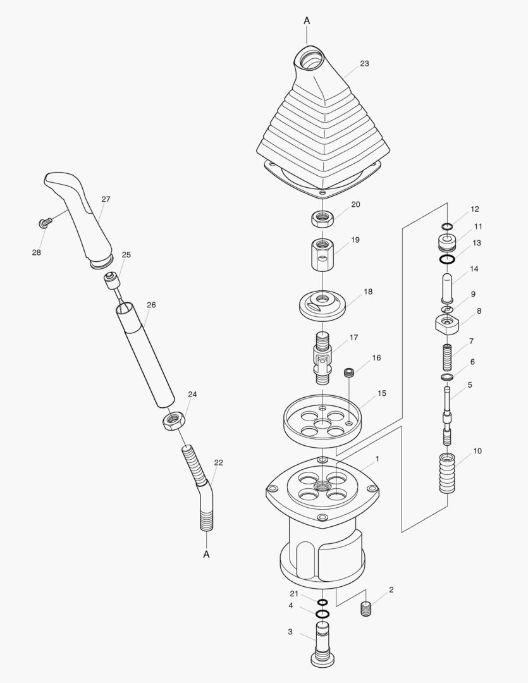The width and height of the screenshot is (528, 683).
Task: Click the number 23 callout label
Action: tap(364, 64)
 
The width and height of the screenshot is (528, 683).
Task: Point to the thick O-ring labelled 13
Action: tap(447, 260)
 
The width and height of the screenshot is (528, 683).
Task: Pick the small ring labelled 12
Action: tap(447, 226)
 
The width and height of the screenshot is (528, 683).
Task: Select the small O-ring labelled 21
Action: tap(322, 603)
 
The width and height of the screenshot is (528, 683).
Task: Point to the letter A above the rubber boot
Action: tap(307, 20)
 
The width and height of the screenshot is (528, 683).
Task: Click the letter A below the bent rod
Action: tap(207, 555)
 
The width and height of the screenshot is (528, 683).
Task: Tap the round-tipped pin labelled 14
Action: tap(448, 288)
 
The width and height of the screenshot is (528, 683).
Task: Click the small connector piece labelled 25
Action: tap(111, 281)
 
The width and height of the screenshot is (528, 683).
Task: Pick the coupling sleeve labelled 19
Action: tap(322, 254)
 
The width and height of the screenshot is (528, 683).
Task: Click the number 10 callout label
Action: tap(477, 451)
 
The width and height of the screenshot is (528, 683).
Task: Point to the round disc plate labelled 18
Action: tap(322, 306)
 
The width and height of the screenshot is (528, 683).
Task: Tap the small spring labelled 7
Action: tap(447, 357)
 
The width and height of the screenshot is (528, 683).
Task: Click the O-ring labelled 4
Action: tap(322, 614)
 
